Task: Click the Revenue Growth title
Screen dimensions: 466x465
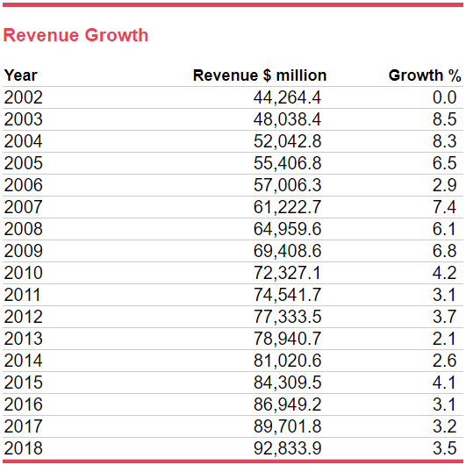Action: click(75, 35)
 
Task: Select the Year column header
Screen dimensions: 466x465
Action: click(20, 75)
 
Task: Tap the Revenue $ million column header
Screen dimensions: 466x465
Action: click(260, 75)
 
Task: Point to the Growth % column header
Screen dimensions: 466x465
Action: click(425, 75)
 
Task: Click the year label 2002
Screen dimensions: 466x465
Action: click(23, 97)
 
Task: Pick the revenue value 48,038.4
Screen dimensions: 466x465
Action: click(287, 119)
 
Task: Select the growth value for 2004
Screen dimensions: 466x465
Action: click(444, 141)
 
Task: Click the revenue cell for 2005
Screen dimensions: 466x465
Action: click(287, 163)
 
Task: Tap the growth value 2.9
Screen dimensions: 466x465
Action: click(444, 185)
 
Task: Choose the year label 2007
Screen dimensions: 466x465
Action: click(23, 207)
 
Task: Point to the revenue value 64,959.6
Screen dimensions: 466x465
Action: click(287, 229)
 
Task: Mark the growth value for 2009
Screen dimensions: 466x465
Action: click(444, 251)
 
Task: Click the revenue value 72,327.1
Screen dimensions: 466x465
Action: click(287, 273)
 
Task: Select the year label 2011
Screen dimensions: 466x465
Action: click(22, 295)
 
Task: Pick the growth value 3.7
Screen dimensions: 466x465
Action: click(444, 317)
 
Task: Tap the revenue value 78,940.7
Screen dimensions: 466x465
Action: click(287, 339)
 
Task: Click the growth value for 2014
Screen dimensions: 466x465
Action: click(444, 361)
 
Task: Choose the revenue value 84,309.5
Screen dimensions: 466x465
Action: click(287, 383)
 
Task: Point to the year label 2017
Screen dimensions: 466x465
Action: click(23, 426)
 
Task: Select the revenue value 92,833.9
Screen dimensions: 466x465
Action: click(287, 448)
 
